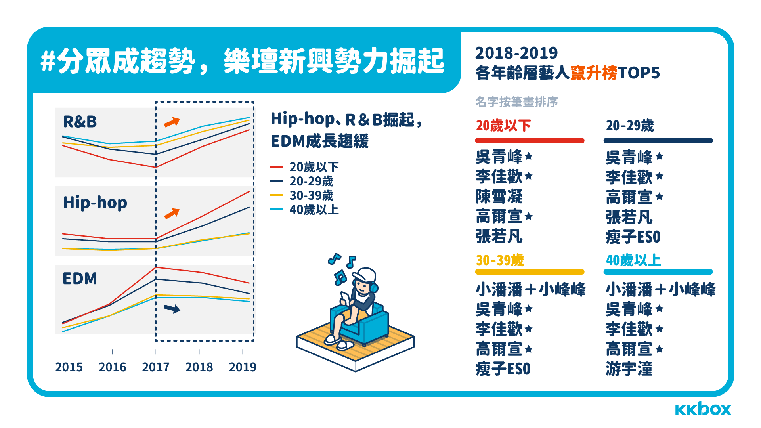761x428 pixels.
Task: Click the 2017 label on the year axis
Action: click(156, 367)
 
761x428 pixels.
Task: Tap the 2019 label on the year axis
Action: click(243, 367)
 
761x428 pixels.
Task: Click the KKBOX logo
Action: click(703, 409)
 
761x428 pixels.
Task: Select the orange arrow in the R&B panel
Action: click(172, 122)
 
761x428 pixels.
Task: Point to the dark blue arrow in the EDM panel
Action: click(172, 309)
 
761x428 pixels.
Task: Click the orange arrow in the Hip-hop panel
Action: click(172, 214)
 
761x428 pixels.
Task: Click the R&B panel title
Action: click(80, 122)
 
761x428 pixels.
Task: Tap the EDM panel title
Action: click(80, 279)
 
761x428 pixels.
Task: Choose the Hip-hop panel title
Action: click(95, 203)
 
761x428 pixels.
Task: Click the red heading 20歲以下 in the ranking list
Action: click(503, 126)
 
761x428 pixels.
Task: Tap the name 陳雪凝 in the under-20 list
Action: click(499, 197)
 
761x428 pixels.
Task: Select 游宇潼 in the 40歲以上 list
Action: click(629, 369)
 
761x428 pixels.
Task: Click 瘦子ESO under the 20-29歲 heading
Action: click(633, 237)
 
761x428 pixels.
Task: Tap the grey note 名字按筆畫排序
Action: click(516, 102)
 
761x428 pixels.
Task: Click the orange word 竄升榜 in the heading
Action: click(594, 73)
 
